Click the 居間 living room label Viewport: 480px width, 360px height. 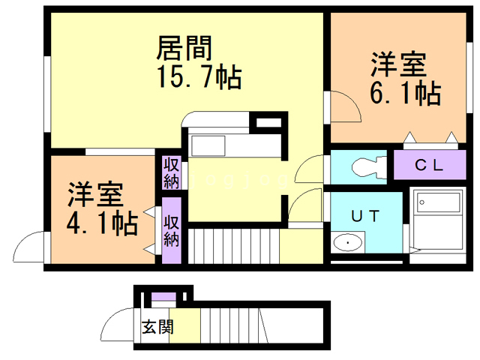(x=183, y=49)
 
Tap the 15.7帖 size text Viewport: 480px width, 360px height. (x=198, y=76)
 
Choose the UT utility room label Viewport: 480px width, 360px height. (x=366, y=216)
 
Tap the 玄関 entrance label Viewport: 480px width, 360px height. (x=157, y=327)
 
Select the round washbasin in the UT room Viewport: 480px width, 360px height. (x=346, y=243)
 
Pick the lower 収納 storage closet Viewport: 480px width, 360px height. (x=171, y=231)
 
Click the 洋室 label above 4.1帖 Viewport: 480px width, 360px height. (x=94, y=195)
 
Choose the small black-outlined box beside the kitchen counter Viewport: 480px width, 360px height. (x=265, y=123)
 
